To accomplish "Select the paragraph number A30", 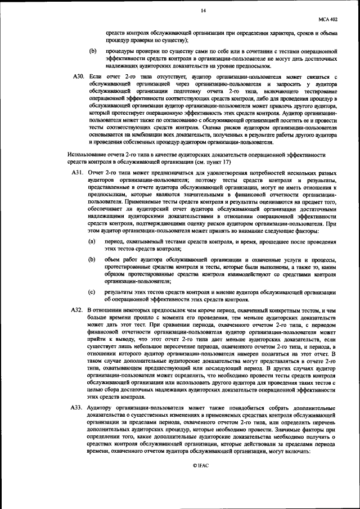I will coord(79,75).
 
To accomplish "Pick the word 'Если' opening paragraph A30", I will coord(95,75).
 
